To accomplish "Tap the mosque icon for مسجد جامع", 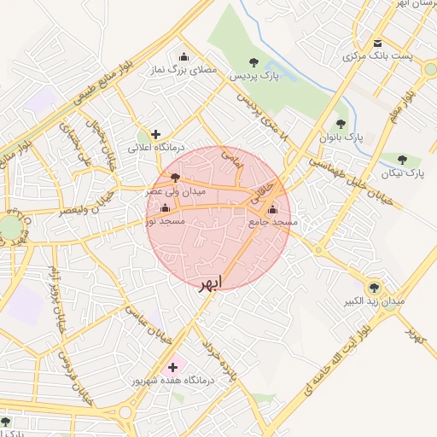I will (x=272, y=210).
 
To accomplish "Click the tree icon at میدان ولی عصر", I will (x=175, y=178).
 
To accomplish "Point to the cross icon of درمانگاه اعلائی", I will (x=155, y=134).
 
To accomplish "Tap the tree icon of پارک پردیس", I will (x=253, y=61).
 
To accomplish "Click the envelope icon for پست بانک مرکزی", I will (x=377, y=44).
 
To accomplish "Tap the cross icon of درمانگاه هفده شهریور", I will (x=173, y=366).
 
